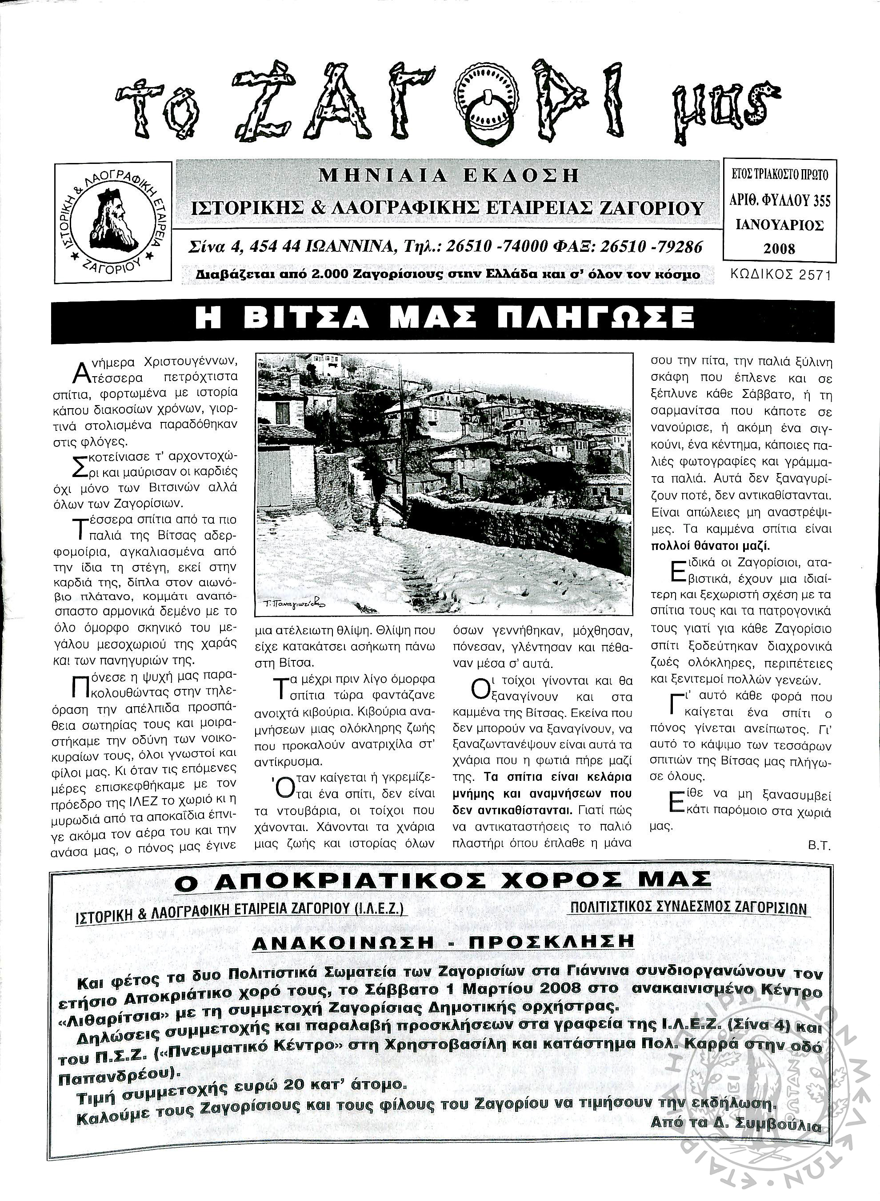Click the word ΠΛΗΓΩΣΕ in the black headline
point(604,318)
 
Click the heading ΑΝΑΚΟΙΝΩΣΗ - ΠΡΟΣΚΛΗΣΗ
point(443,942)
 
